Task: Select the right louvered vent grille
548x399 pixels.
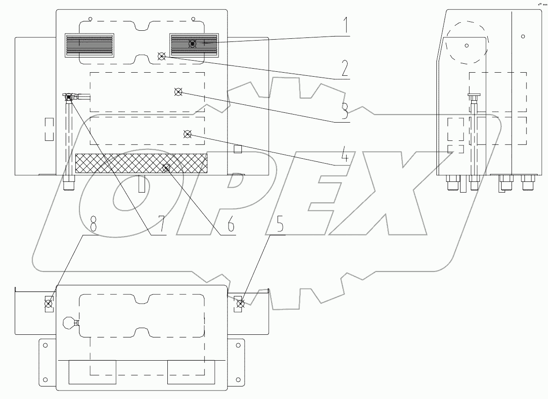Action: (194, 45)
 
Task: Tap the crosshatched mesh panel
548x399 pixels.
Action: (141, 163)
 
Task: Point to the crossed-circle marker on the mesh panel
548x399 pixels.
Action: (166, 168)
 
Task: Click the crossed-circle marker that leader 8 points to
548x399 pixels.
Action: (48, 304)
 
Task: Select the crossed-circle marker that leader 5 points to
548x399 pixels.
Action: (240, 304)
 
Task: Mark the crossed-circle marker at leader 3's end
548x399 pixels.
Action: (178, 92)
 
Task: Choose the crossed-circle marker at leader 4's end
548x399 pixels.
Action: (187, 134)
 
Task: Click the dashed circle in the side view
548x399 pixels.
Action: (465, 45)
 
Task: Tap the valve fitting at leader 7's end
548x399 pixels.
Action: (69, 97)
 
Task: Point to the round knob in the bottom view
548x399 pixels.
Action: (68, 323)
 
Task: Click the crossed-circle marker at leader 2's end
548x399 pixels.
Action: (162, 56)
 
